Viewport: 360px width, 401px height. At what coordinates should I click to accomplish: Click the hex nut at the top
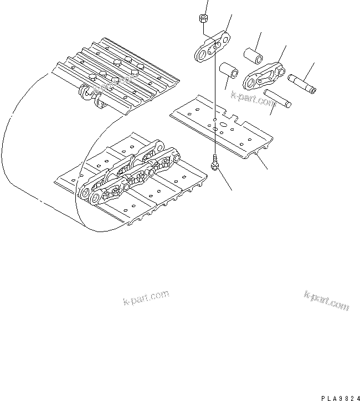(x=202, y=20)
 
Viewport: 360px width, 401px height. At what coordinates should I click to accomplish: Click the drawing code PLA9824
(x=338, y=398)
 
